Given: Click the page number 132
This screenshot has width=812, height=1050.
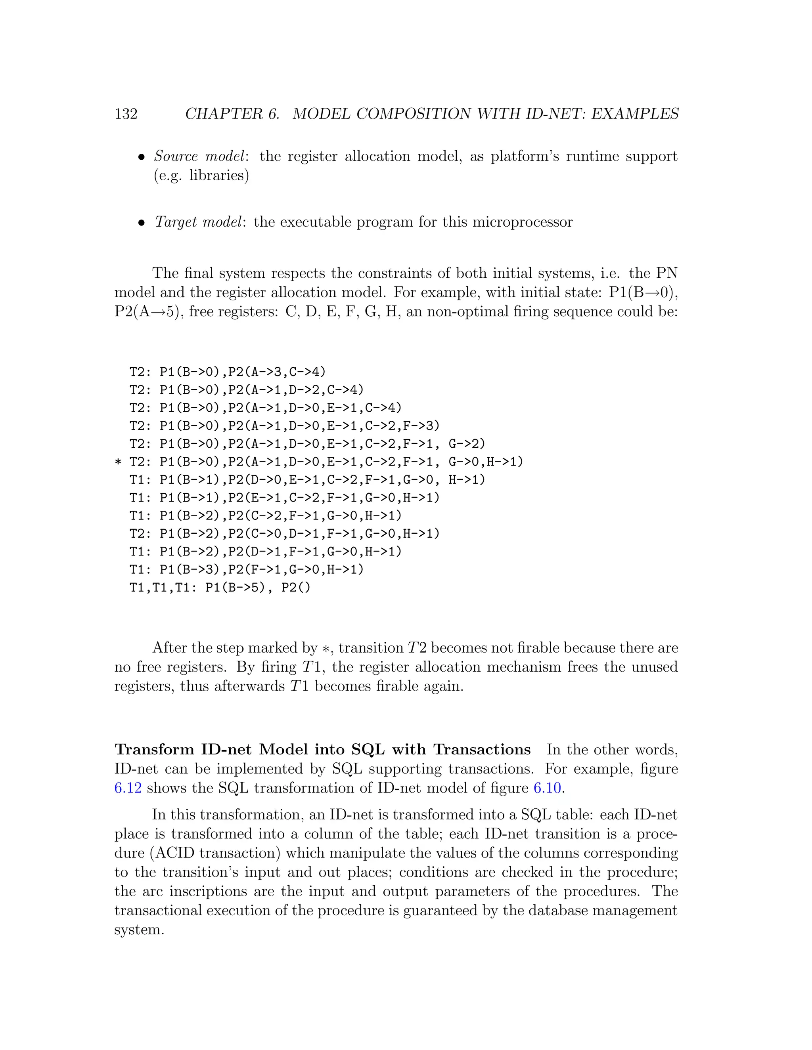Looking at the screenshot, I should [x=126, y=114].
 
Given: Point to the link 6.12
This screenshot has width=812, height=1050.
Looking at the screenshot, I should [x=128, y=788].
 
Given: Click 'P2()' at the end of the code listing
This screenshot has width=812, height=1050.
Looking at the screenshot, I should [x=296, y=588].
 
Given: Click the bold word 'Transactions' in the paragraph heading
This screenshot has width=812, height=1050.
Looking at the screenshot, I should [x=481, y=750].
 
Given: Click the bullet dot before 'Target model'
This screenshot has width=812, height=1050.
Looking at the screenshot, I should [x=142, y=223].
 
